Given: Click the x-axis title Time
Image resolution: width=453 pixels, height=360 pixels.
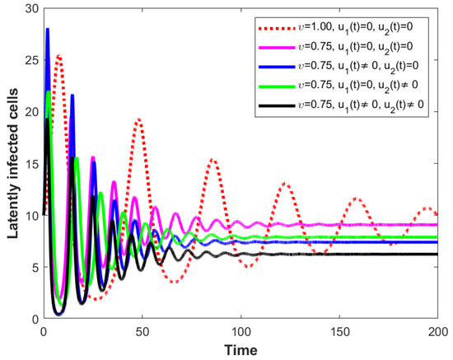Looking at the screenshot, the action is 241,350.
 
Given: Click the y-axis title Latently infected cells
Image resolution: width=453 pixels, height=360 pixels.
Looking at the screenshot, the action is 12,164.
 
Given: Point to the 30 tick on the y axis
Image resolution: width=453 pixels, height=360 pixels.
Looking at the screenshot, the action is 32,9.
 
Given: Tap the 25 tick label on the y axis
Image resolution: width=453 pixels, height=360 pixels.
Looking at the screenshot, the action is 32,60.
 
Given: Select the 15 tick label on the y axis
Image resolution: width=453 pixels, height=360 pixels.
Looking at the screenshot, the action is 32,164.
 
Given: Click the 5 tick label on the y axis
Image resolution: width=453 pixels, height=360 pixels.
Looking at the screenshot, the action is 35,267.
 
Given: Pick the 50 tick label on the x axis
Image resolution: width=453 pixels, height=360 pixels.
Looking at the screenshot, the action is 142,332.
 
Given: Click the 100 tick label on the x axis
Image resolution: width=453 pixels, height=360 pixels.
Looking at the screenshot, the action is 241,332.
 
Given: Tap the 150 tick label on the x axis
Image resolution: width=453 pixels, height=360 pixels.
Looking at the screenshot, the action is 339,332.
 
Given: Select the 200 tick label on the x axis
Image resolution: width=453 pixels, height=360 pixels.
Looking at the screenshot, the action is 438,332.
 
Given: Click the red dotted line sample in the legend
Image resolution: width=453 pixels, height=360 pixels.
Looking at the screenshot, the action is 277,28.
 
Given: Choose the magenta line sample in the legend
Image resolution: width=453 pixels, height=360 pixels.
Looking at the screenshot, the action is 277,48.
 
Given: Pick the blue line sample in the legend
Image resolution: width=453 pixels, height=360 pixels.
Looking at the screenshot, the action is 277,67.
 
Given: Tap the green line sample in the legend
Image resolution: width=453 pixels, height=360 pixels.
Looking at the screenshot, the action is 277,86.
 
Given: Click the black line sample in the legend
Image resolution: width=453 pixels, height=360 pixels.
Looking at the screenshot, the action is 277,106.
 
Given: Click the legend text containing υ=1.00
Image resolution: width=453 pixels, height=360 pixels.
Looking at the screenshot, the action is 355,28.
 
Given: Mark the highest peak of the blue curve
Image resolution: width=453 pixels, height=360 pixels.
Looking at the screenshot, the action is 48,29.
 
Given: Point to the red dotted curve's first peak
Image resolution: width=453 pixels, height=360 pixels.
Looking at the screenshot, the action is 59,56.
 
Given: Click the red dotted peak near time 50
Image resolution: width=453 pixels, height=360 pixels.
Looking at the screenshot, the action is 139,119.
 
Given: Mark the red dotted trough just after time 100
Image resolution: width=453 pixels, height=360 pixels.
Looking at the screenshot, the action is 249,266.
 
